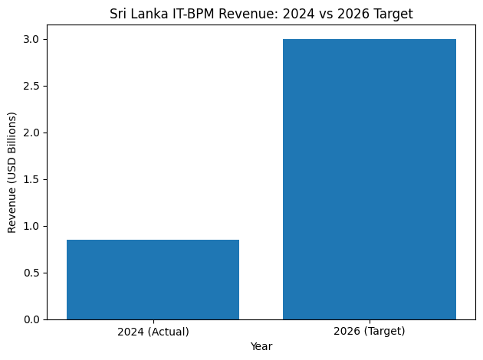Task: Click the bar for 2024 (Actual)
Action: pyautogui.click(x=153, y=280)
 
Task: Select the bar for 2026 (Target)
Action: pyautogui.click(x=369, y=179)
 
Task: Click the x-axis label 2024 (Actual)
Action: pyautogui.click(x=153, y=332)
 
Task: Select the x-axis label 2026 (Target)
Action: pyautogui.click(x=369, y=332)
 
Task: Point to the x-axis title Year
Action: pyautogui.click(x=261, y=346)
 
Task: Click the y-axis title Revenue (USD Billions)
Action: pyautogui.click(x=11, y=172)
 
